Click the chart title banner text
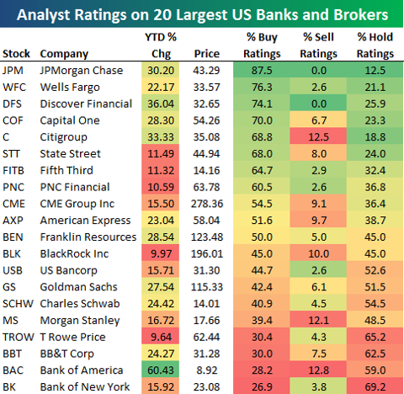[x=202, y=15]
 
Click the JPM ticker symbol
[x=14, y=70]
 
